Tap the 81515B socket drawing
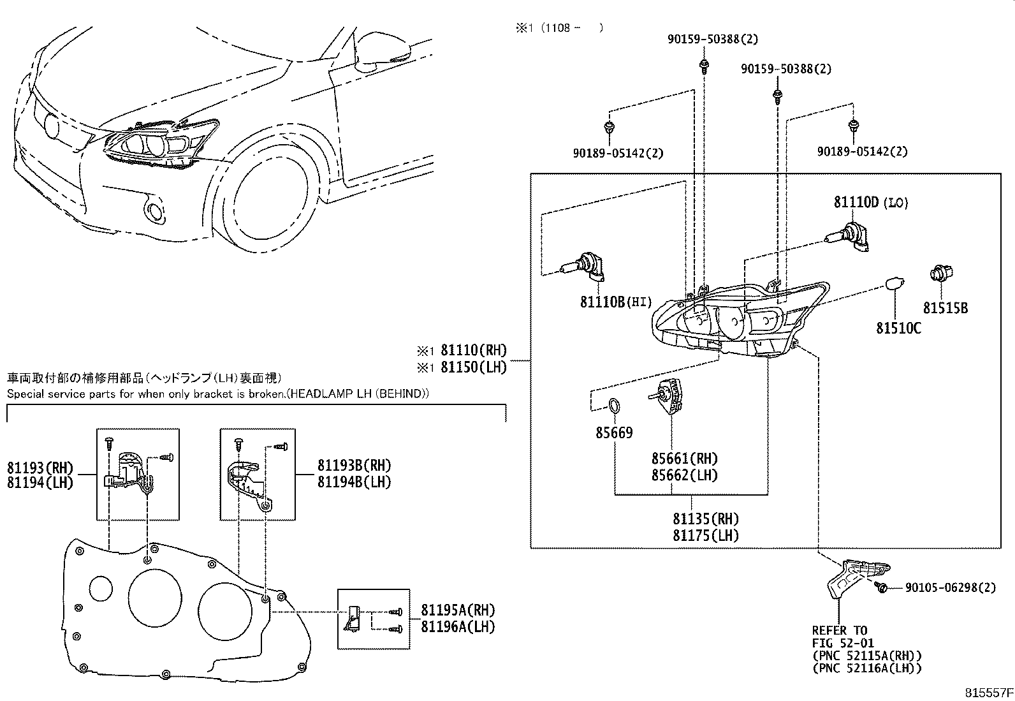point(940,276)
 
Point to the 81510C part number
point(898,328)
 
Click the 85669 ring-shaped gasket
point(614,405)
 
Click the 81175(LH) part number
point(705,535)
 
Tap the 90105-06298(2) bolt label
point(949,587)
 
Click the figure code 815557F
point(987,692)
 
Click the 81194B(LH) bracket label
point(354,482)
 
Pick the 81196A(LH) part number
point(457,626)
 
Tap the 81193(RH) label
point(40,468)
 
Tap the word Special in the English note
point(25,394)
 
